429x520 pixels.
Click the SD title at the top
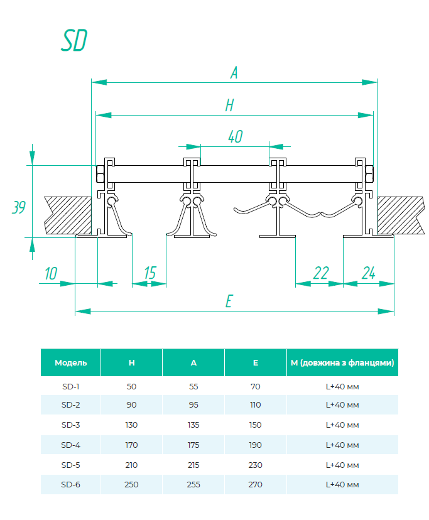click(x=74, y=40)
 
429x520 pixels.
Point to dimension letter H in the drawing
click(x=229, y=106)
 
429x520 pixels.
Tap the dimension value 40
click(x=235, y=137)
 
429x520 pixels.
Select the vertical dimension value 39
click(x=19, y=207)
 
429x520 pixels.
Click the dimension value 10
click(x=51, y=273)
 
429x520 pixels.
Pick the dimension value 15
click(x=149, y=273)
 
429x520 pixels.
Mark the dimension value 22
click(x=320, y=273)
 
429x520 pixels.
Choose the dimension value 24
click(x=368, y=273)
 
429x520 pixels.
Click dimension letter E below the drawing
click(x=229, y=301)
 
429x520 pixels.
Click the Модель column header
click(x=71, y=363)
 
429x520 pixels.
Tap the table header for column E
click(x=255, y=363)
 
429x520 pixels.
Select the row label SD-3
click(x=71, y=425)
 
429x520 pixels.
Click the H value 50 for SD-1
click(x=131, y=386)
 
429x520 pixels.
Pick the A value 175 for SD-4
click(x=193, y=445)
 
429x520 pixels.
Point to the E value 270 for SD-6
click(x=255, y=485)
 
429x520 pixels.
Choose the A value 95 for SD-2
click(x=193, y=405)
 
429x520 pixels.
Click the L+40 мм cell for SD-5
click(x=342, y=465)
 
